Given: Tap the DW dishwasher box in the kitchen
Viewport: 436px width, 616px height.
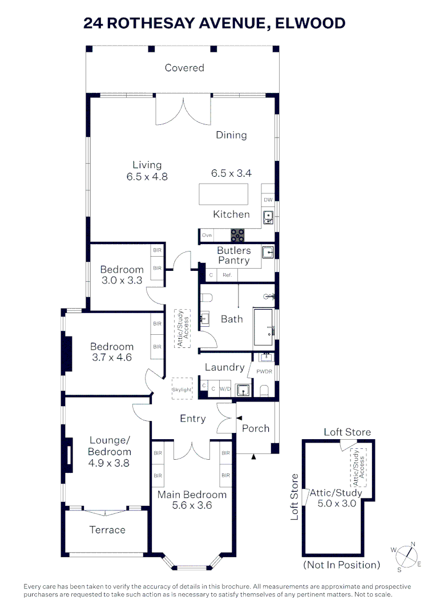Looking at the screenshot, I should (x=268, y=200).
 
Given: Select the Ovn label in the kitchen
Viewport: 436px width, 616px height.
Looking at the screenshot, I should (x=207, y=234).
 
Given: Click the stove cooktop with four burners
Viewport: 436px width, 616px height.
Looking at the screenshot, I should (x=237, y=234).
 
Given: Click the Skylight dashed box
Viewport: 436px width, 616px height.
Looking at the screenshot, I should (x=183, y=390).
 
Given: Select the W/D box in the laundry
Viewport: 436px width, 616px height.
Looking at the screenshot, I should (x=225, y=390).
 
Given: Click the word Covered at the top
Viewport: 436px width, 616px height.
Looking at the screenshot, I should (x=184, y=68).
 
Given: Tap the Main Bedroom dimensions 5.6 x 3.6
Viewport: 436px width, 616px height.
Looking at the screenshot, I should (x=192, y=505).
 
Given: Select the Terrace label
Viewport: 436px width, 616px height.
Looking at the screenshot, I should (x=107, y=530).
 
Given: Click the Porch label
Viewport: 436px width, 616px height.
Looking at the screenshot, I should (x=256, y=428).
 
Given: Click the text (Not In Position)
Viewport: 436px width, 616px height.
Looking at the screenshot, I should (x=342, y=565).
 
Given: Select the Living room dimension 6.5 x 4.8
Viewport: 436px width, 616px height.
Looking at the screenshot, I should (x=147, y=177).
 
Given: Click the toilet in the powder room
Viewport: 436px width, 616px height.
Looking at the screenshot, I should (x=264, y=390).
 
